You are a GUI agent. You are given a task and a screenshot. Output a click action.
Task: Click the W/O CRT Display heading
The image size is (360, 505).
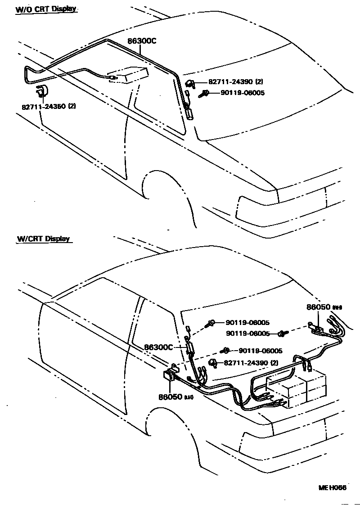coord(46,9)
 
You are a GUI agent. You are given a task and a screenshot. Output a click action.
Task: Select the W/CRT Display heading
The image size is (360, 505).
coord(44,239)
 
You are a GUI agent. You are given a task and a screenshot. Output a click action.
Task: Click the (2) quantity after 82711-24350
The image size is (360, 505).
coord(72,107)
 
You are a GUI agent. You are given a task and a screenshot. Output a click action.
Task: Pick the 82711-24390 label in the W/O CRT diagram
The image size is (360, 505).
coord(231,82)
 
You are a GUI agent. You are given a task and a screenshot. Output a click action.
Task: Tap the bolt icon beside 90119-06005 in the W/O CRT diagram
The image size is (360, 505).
coord(203,94)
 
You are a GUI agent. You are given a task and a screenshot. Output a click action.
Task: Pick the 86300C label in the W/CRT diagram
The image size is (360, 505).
coord(159,347)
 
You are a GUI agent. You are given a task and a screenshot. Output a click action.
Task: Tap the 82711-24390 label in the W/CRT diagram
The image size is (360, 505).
coord(246,363)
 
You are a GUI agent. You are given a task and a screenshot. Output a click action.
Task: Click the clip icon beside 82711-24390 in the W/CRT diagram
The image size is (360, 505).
coord(213,363)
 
